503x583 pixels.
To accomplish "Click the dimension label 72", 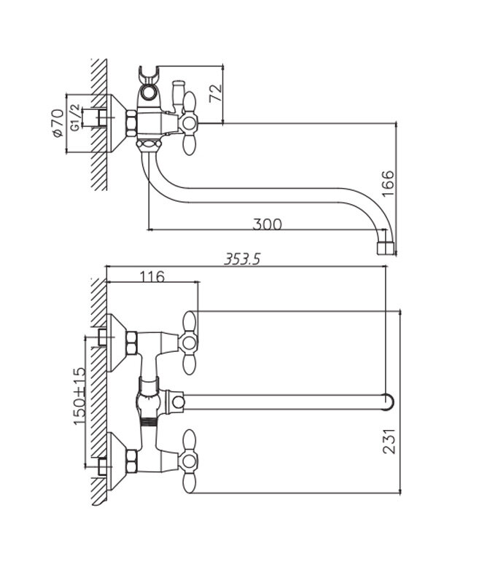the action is tap(215, 93).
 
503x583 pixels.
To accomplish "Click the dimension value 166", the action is tap(388, 184).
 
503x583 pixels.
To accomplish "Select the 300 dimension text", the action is tap(267, 224).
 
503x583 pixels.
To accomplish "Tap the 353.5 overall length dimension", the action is tap(242, 259).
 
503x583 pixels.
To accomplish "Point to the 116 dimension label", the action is tap(152, 277).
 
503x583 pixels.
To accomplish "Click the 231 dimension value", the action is tap(389, 441).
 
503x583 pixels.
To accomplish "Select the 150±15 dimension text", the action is tap(79, 396).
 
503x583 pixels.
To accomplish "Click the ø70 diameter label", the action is tap(58, 123).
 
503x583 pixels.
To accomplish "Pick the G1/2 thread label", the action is tap(75, 117).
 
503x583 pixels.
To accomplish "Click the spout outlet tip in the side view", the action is tap(385, 249).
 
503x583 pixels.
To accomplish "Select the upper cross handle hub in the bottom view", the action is tap(189, 342).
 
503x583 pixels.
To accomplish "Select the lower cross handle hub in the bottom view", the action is tap(189, 461).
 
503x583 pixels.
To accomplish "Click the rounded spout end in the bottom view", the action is tap(388, 402).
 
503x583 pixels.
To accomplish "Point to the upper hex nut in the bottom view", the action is tap(131, 343).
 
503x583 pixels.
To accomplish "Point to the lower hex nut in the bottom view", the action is tap(131, 461).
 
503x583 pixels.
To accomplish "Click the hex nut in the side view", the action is tap(131, 123).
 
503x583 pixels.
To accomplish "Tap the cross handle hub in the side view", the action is tap(189, 122).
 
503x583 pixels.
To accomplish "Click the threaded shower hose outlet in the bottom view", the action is tap(149, 423).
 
